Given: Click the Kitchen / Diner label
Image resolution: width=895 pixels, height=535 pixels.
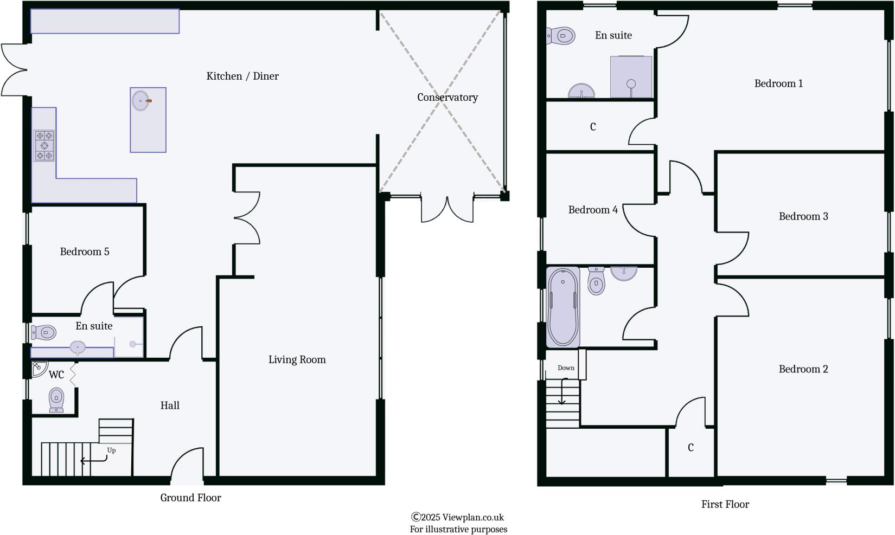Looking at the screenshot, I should coord(242,76).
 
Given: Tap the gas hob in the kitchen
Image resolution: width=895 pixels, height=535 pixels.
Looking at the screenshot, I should coord(44,145).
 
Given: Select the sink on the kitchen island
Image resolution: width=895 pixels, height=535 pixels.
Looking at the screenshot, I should coord(141,100).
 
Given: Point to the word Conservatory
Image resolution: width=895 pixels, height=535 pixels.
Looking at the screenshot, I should coord(448,98).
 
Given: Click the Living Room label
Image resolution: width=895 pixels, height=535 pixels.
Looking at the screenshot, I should coord(297,360).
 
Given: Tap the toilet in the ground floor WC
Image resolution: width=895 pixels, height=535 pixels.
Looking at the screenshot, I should coord(56,399).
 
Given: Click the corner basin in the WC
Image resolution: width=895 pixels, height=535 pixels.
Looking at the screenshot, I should coord(38,369).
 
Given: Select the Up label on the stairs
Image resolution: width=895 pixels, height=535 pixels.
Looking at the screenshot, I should coord(111,450).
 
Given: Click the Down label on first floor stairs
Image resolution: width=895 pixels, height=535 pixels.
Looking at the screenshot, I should coord(566,368).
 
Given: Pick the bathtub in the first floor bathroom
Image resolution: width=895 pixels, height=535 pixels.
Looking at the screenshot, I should coord(563,307).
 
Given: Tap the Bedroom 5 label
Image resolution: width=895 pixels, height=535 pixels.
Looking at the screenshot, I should coord(85,252).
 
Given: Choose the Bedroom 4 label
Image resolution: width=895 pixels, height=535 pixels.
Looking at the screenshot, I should coord(593,210).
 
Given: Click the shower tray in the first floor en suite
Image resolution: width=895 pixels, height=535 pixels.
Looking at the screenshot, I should coord(631,77).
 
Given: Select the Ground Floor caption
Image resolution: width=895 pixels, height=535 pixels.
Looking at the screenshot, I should coord(190,498).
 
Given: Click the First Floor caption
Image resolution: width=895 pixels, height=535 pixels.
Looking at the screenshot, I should coord(725,505).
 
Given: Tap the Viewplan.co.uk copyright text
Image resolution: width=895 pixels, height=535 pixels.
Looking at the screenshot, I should coord(458,518).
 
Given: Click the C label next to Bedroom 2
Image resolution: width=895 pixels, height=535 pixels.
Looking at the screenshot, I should coord(691,448).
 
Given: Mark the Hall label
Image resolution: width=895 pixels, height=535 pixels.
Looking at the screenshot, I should coord(170,405).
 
